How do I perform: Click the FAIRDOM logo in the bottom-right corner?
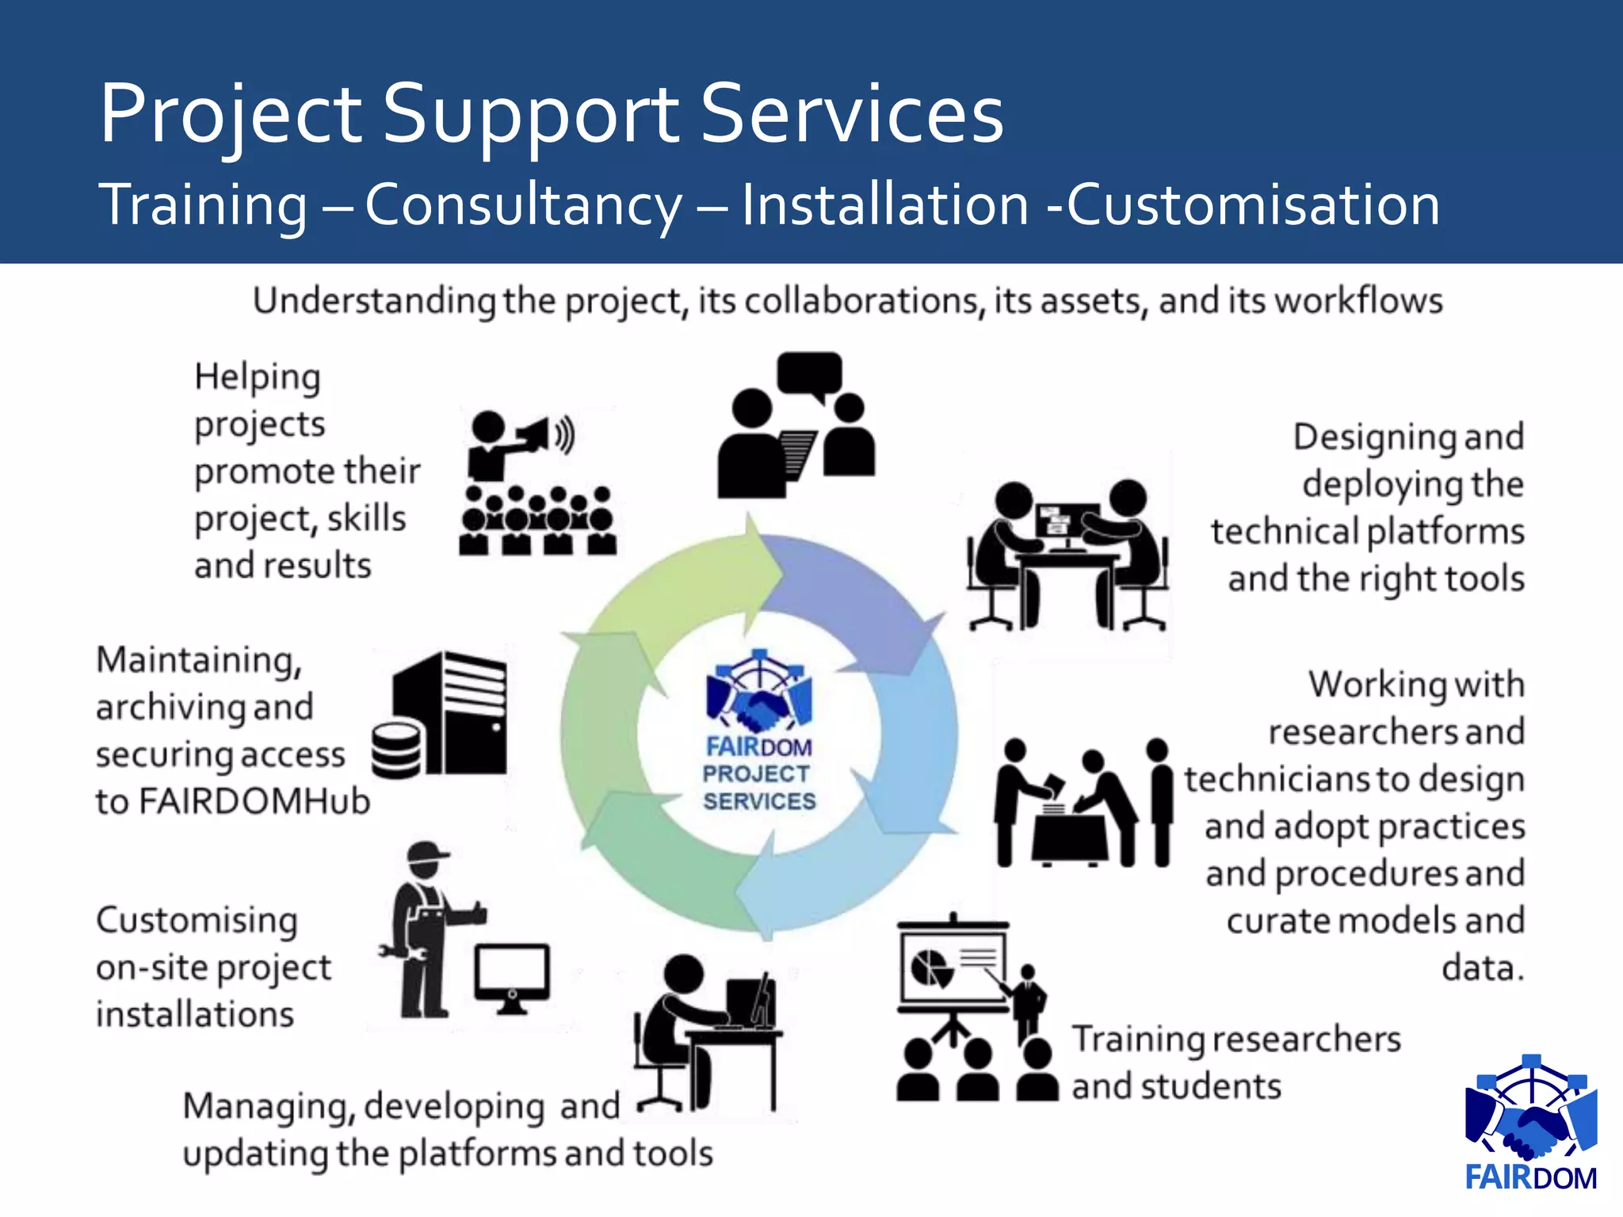1531,1124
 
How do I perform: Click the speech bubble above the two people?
810,374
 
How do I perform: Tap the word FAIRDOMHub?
254,802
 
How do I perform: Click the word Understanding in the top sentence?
374,302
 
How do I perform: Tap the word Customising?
197,921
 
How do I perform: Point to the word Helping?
258,377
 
